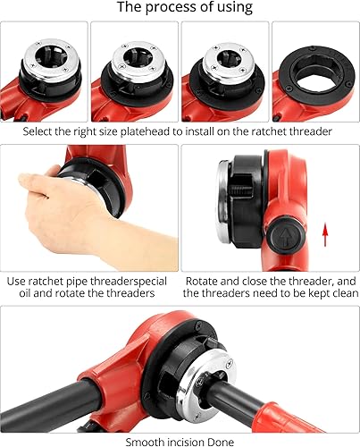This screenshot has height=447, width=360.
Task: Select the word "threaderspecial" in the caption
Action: point(118,280)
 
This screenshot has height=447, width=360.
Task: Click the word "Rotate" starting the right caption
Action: point(204,280)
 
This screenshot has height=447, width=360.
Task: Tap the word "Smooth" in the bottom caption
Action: point(144,441)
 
